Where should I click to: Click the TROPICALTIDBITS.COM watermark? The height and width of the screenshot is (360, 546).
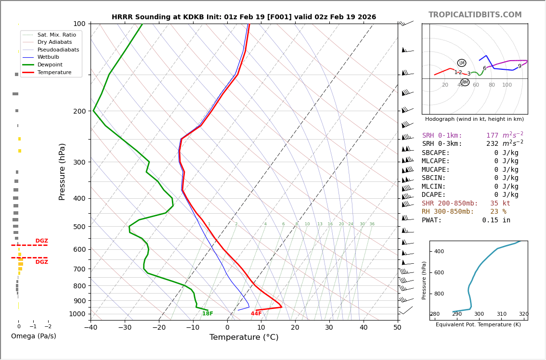point(475,15)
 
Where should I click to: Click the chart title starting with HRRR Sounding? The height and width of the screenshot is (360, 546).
point(244,17)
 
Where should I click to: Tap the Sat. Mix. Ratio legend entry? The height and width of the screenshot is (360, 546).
point(56,35)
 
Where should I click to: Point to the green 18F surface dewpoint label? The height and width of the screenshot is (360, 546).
point(208,314)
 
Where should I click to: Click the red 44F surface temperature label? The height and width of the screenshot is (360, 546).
point(256,314)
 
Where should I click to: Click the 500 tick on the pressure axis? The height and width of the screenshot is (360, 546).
point(79,227)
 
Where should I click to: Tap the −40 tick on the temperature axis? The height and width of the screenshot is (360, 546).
point(91,328)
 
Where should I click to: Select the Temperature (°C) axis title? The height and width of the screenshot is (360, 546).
point(244,337)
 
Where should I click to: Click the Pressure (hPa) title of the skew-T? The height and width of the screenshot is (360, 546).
point(62,171)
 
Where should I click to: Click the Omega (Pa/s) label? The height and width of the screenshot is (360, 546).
point(33,336)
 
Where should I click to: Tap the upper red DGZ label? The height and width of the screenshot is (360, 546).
point(42,241)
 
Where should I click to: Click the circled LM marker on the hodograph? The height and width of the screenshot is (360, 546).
point(462,63)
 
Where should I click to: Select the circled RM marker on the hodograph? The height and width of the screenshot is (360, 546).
point(465,82)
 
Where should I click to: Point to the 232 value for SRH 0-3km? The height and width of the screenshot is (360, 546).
point(492,144)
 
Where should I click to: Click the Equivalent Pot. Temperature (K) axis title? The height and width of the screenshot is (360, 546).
point(478,325)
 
